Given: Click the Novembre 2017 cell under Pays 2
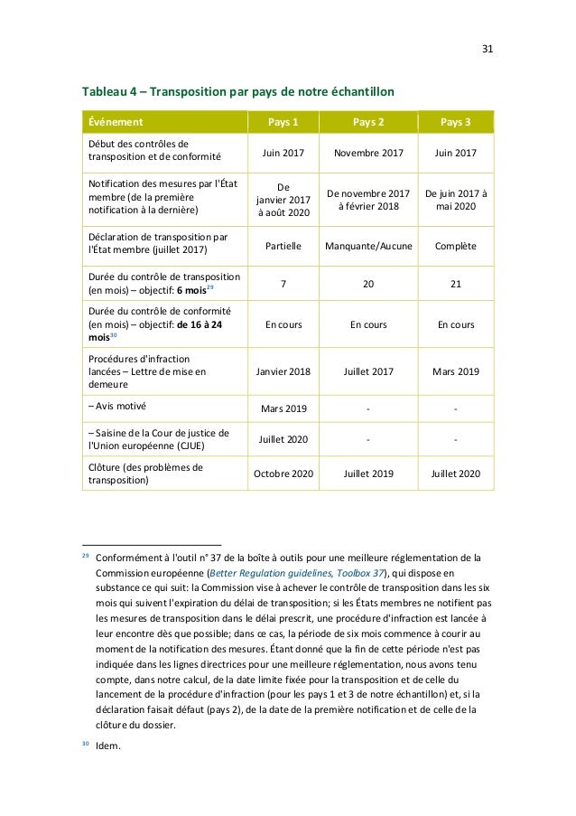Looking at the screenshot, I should pos(367,153).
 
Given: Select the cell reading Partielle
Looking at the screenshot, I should pos(283,245).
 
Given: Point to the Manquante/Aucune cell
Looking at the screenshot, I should pos(367,245).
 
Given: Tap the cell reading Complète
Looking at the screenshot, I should pos(455,245).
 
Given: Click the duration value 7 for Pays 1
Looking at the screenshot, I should pos(283,284).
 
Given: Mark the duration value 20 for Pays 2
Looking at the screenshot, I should pos(367,284).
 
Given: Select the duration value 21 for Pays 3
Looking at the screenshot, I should pos(455,284).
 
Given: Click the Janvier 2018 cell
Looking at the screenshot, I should pos(283,370).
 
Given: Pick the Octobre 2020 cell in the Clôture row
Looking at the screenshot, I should pos(283,474).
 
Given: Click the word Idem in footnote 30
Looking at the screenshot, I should pos(111,746).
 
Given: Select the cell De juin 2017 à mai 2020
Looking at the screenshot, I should pos(455,199).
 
